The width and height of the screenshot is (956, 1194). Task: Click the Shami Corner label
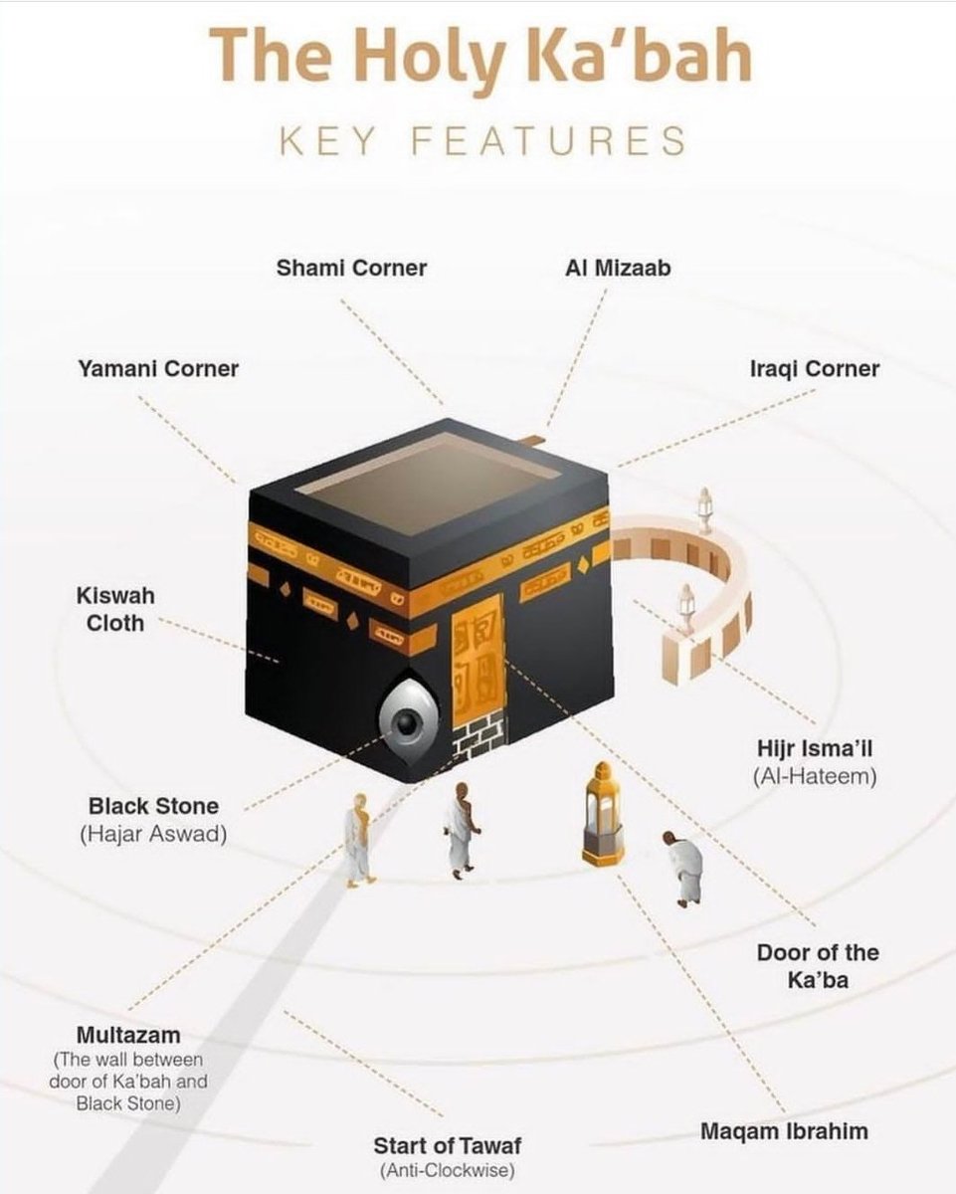[351, 268]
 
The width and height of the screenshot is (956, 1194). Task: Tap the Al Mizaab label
[618, 268]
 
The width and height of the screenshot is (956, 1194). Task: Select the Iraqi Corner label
[814, 369]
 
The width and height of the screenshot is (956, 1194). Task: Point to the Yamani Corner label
[158, 369]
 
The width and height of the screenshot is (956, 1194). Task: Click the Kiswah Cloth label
[115, 609]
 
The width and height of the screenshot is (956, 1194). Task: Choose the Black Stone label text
[153, 806]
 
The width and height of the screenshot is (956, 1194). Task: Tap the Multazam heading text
[128, 1036]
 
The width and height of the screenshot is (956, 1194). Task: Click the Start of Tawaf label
[447, 1146]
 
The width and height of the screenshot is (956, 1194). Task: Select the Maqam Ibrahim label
[784, 1131]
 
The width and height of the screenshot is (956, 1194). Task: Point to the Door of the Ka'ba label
[818, 966]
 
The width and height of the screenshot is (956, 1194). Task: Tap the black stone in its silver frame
[406, 722]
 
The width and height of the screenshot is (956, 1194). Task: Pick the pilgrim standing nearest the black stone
[359, 838]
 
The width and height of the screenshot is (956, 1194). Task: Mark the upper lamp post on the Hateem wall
[704, 508]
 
